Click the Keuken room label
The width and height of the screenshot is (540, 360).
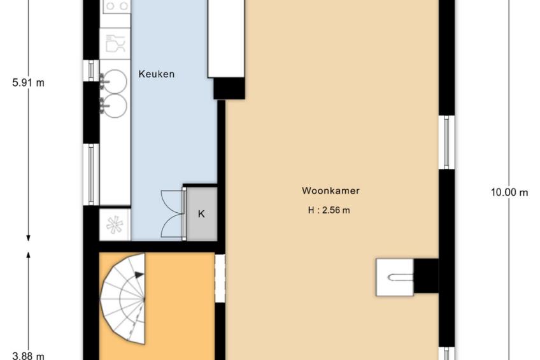[157, 74]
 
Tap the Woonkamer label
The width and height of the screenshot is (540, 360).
[330, 191]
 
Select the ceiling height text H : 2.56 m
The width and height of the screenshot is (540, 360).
[329, 210]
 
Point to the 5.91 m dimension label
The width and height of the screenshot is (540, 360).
[28, 83]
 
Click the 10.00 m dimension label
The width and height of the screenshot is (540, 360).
[509, 192]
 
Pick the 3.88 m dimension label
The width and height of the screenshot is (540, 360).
[28, 356]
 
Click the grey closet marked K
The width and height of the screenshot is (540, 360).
[201, 214]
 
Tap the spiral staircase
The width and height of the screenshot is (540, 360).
[122, 298]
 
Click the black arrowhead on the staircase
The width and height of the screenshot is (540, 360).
[139, 275]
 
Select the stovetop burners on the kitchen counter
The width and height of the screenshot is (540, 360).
[117, 6]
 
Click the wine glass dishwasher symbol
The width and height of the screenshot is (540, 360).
[115, 43]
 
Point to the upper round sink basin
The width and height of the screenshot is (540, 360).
[115, 82]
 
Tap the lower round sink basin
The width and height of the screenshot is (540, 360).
[115, 106]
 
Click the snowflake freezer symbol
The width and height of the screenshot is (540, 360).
[115, 225]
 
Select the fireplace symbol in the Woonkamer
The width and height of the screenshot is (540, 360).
[395, 277]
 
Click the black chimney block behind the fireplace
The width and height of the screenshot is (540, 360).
[426, 276]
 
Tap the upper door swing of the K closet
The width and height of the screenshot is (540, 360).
[172, 202]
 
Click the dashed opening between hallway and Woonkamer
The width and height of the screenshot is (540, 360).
[220, 278]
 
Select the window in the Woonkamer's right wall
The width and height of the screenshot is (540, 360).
[446, 142]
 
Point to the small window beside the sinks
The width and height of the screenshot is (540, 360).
[91, 71]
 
